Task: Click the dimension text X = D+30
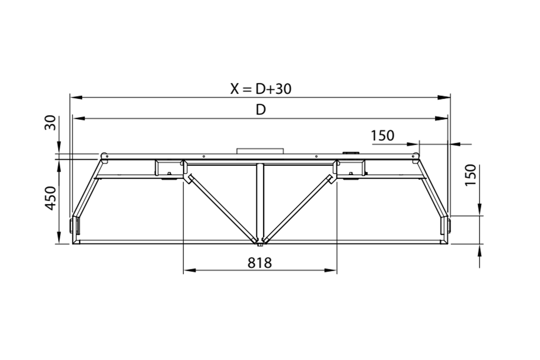pyautogui.click(x=261, y=89)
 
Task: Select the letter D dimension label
pyautogui.click(x=261, y=110)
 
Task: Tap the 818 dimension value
pyautogui.click(x=260, y=263)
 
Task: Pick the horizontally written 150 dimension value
pyautogui.click(x=382, y=135)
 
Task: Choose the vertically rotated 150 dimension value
pyautogui.click(x=470, y=175)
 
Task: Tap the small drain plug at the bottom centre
pyautogui.click(x=260, y=245)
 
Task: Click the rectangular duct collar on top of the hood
pyautogui.click(x=260, y=151)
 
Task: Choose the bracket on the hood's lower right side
pyautogui.click(x=446, y=225)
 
